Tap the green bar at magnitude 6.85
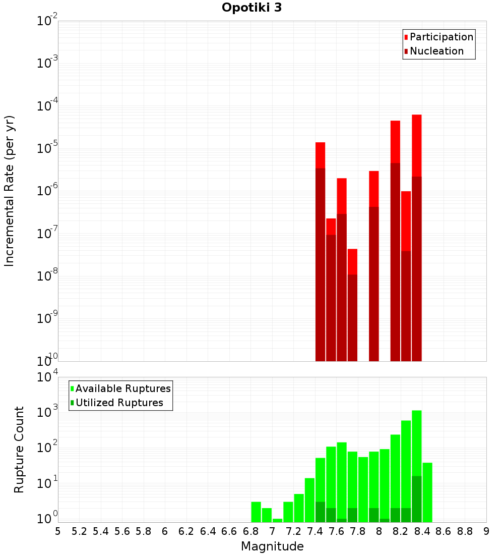(256, 512)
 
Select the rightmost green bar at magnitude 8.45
(427, 492)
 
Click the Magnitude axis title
(272, 546)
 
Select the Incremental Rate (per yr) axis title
(10, 191)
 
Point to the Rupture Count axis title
(19, 450)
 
